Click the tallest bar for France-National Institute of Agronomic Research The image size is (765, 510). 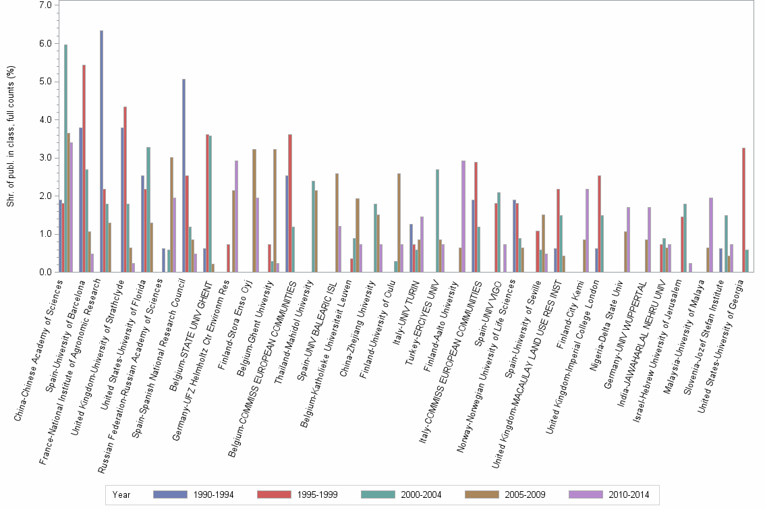coord(101,151)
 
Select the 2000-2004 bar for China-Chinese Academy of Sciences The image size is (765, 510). coord(65,159)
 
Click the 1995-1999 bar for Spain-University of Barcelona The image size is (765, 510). coord(84,169)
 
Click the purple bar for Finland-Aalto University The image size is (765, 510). coord(463,216)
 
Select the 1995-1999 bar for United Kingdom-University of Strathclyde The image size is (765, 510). coord(125,190)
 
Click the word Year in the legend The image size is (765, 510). coord(122,494)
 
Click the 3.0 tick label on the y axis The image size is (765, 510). coord(46,158)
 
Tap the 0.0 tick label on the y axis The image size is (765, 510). coord(46,273)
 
